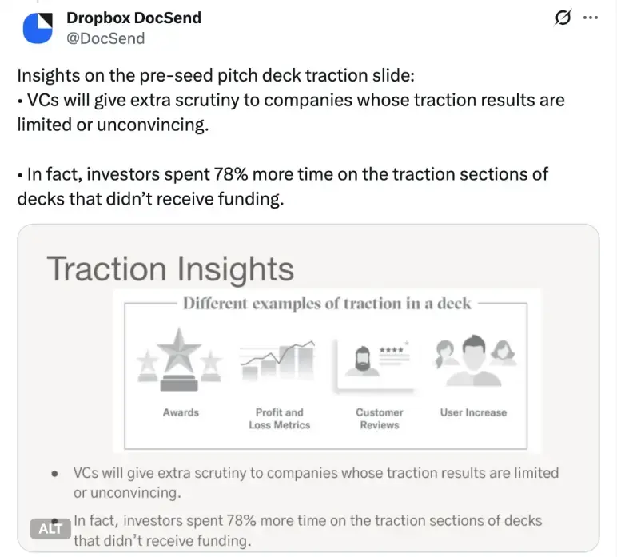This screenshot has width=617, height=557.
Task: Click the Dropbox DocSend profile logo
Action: (37, 28)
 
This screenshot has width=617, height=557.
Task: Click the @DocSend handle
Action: (106, 38)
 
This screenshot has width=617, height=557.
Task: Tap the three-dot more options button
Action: (591, 18)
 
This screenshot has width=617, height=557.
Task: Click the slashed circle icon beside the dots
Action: (563, 18)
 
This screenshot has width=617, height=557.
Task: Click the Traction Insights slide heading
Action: (170, 269)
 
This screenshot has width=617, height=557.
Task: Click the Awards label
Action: (181, 412)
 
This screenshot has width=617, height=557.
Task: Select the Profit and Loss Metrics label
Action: (279, 419)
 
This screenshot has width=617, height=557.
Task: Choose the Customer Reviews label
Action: (380, 419)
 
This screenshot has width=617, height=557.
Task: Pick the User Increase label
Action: (473, 412)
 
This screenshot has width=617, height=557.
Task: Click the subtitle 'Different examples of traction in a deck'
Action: (327, 304)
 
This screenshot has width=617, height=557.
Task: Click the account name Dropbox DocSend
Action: (133, 18)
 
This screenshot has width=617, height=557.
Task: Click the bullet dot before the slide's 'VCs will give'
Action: (54, 473)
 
